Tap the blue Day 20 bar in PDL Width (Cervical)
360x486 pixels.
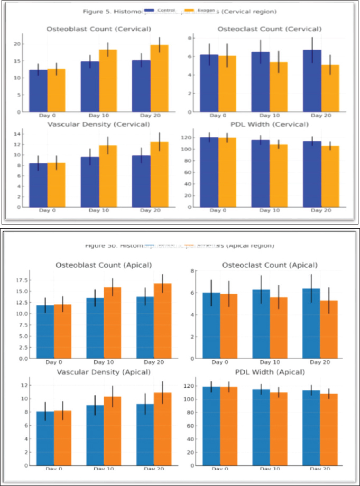[311, 174]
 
